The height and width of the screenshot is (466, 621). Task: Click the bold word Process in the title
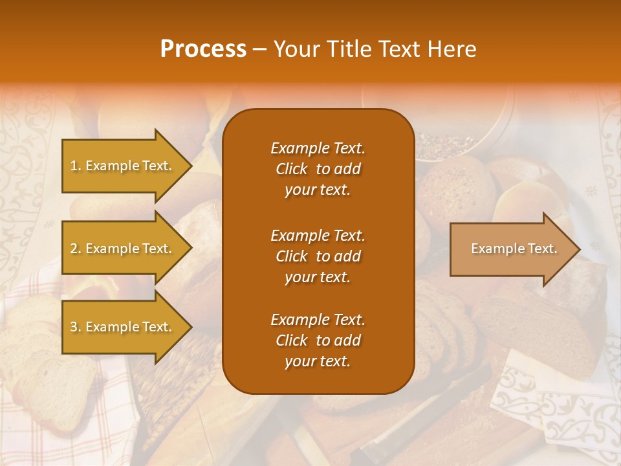[x=203, y=49]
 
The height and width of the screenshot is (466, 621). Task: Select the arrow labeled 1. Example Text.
[x=123, y=166]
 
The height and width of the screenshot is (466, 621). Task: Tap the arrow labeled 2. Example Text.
[x=123, y=249]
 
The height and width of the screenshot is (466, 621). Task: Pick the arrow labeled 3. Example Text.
[x=123, y=327]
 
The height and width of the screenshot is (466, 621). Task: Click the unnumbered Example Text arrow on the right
[x=511, y=249]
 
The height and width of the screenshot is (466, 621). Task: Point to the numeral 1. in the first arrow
[x=76, y=166]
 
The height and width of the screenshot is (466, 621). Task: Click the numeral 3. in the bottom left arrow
[x=76, y=327]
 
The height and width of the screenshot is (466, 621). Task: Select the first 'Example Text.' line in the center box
[x=318, y=148]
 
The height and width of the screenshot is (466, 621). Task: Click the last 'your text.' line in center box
[x=318, y=361]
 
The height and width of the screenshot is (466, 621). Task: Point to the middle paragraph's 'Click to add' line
[x=318, y=256]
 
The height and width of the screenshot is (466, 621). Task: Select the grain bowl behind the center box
[x=446, y=129]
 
